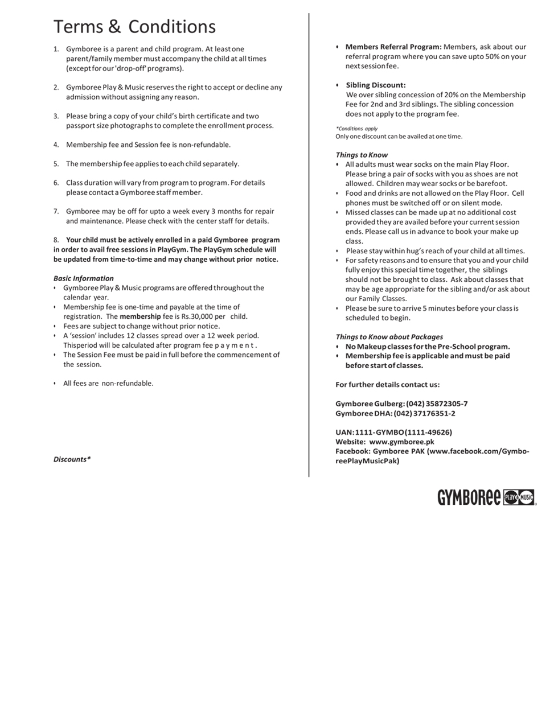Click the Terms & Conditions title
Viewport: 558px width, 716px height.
(x=134, y=27)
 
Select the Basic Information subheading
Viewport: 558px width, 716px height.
(x=84, y=278)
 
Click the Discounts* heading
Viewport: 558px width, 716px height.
(x=72, y=459)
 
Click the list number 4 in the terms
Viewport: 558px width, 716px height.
(x=56, y=145)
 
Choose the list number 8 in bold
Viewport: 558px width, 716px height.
(x=56, y=240)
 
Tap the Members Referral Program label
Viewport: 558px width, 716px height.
(x=393, y=47)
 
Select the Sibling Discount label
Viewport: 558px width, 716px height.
(x=376, y=85)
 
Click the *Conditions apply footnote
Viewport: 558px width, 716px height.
(x=357, y=129)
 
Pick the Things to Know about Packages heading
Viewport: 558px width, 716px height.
(x=389, y=337)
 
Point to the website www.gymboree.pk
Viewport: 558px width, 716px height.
(x=401, y=442)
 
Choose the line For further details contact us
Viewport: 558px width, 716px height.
(x=387, y=385)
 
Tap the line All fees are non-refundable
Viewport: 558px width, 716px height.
(x=108, y=383)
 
